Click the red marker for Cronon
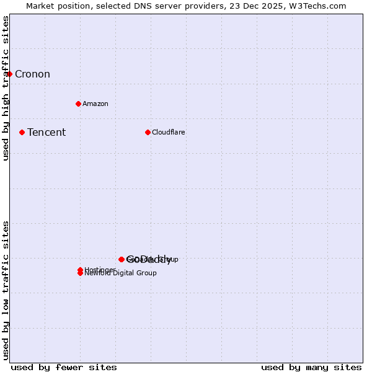pyautogui.click(x=9, y=74)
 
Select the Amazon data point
pyautogui.click(x=78, y=104)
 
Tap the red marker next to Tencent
pyautogui.click(x=22, y=132)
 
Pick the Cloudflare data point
pyautogui.click(x=148, y=132)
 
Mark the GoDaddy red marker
pyautogui.click(x=122, y=259)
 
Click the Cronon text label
pyautogui.click(x=32, y=74)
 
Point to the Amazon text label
pyautogui.click(x=95, y=104)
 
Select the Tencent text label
pyautogui.click(x=46, y=132)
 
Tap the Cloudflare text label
pyautogui.click(x=169, y=132)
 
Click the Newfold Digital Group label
pyautogui.click(x=120, y=273)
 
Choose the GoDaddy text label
pyautogui.click(x=149, y=260)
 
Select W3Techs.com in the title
pyautogui.click(x=316, y=6)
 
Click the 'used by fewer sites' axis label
pyautogui.click(x=64, y=367)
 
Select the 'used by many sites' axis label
pyautogui.click(x=311, y=367)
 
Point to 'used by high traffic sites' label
pyautogui.click(x=6, y=88)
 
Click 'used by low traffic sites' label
pyautogui.click(x=6, y=290)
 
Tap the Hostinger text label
pyautogui.click(x=99, y=270)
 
